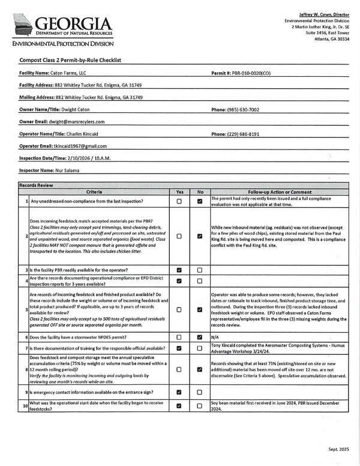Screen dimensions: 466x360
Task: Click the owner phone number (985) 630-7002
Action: pos(243,110)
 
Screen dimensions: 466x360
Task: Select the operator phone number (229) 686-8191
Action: pos(243,134)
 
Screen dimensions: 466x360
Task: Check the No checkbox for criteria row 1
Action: pos(200,202)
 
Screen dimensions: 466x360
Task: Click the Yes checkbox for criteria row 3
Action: pos(179,270)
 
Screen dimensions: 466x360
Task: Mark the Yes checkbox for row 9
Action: pos(179,392)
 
